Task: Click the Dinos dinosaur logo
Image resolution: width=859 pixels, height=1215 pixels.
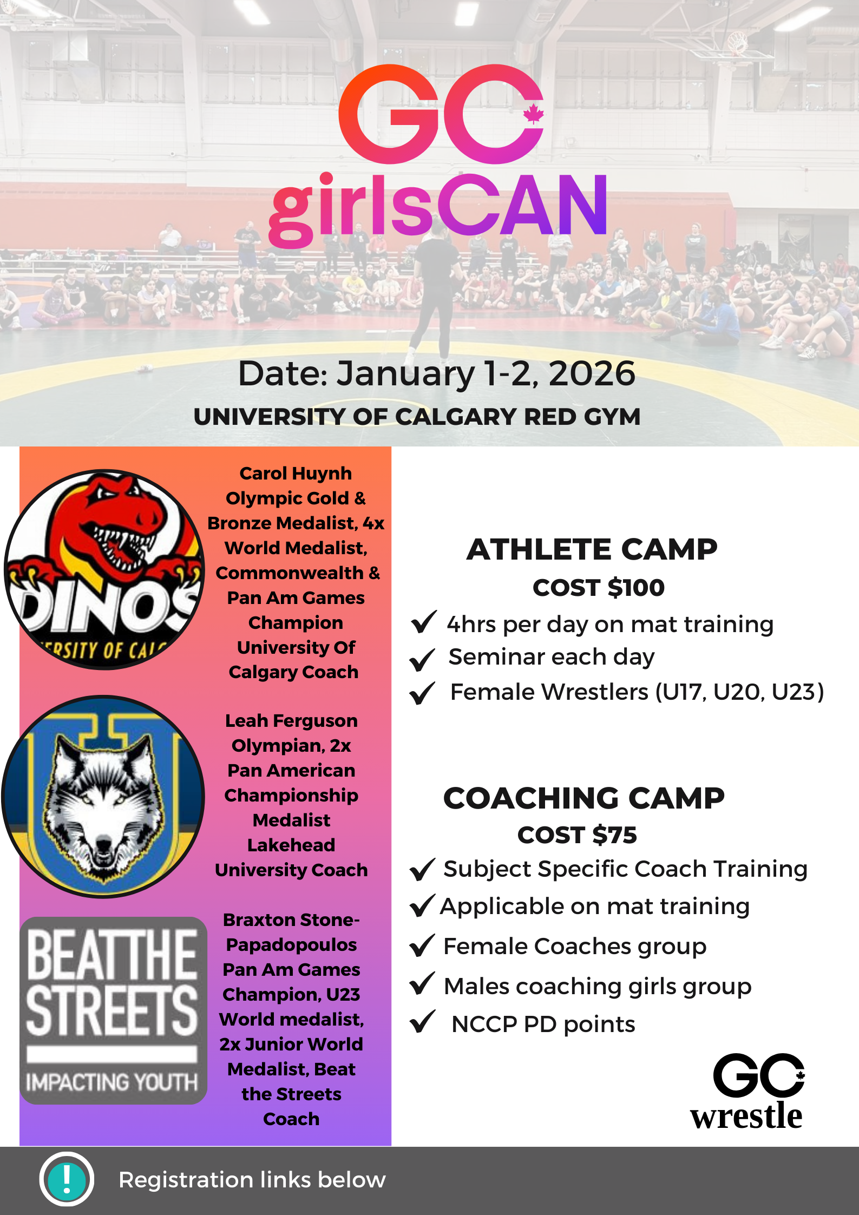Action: tap(104, 569)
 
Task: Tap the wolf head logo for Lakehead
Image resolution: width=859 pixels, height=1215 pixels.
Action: tap(103, 796)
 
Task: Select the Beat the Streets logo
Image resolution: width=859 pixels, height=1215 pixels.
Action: tap(113, 1010)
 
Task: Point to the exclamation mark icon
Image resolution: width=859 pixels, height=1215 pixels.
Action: tap(67, 1180)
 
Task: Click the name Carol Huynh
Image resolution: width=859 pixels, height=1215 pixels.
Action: tap(296, 473)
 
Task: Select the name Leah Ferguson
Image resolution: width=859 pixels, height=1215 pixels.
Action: tap(291, 720)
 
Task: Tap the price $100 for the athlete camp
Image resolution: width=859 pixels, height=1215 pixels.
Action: tap(636, 587)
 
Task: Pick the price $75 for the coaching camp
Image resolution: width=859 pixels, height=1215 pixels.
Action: tap(615, 835)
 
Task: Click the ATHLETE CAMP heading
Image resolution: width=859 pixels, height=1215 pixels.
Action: tap(592, 549)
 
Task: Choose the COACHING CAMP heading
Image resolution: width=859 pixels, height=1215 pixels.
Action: tap(584, 798)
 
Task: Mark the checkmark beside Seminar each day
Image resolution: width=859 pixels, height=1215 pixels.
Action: tap(422, 659)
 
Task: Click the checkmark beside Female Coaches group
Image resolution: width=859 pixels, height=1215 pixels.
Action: tap(422, 945)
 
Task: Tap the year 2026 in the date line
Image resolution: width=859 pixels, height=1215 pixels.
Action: tap(592, 373)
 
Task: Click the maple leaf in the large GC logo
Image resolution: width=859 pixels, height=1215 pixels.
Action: tap(533, 114)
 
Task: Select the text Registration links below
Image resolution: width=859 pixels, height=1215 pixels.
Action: tap(252, 1180)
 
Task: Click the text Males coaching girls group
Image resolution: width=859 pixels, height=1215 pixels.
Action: tap(598, 987)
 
